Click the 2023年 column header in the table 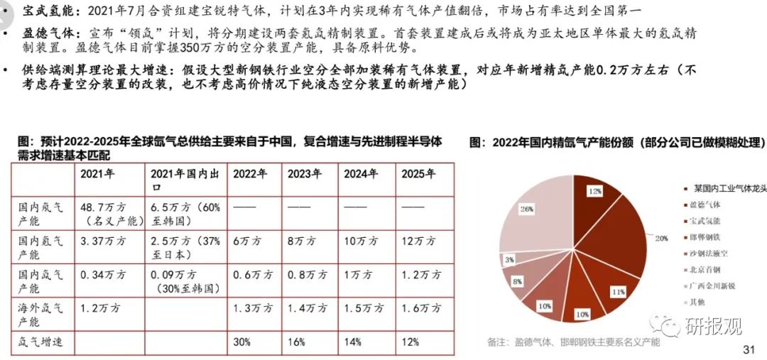305,174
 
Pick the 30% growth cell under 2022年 242,342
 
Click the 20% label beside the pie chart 661,239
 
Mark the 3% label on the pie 510,260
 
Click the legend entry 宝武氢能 700,221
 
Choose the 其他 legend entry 693,302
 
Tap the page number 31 747,349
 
